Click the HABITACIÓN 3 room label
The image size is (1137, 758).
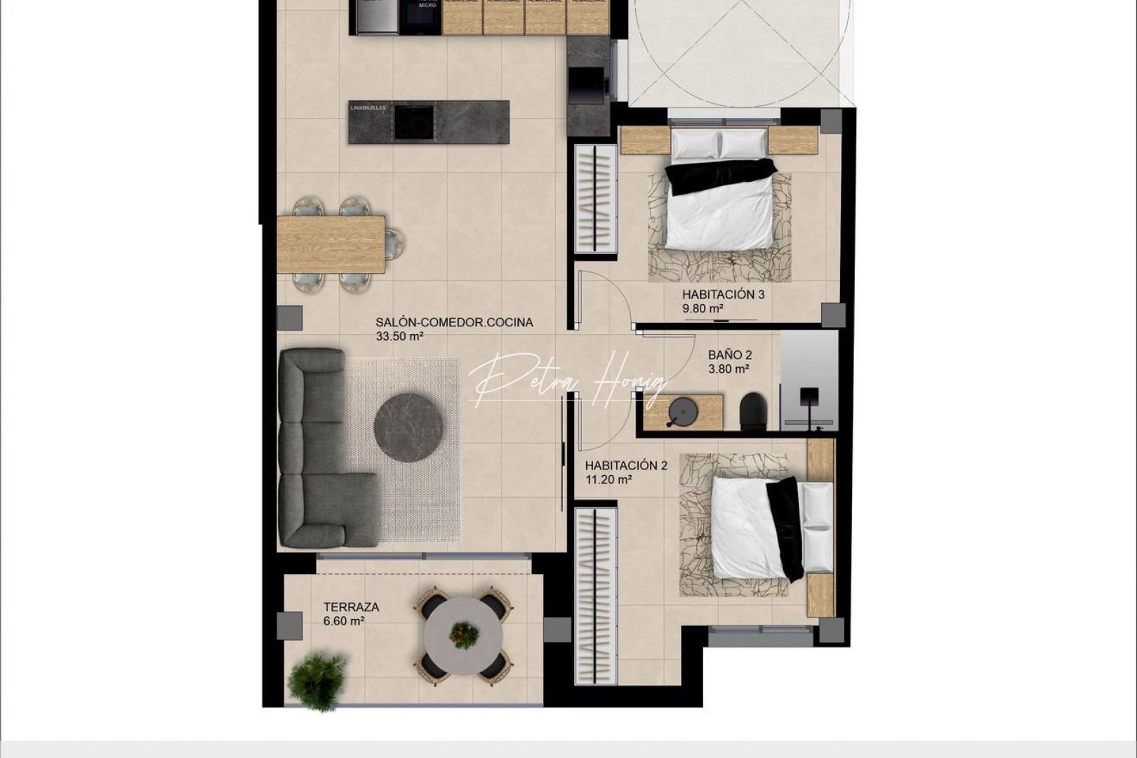tap(723, 295)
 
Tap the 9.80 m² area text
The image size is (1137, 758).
tap(703, 308)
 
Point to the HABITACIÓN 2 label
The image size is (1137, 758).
tap(626, 465)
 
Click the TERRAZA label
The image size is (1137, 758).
tap(351, 607)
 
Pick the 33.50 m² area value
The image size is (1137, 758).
tap(399, 336)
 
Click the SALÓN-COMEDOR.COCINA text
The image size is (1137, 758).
tap(454, 323)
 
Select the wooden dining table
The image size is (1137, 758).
tap(331, 244)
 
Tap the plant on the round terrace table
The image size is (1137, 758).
tap(463, 635)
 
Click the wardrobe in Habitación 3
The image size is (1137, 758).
tap(596, 199)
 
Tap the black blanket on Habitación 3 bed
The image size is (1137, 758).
tap(719, 175)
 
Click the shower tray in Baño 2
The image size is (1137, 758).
tap(809, 379)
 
